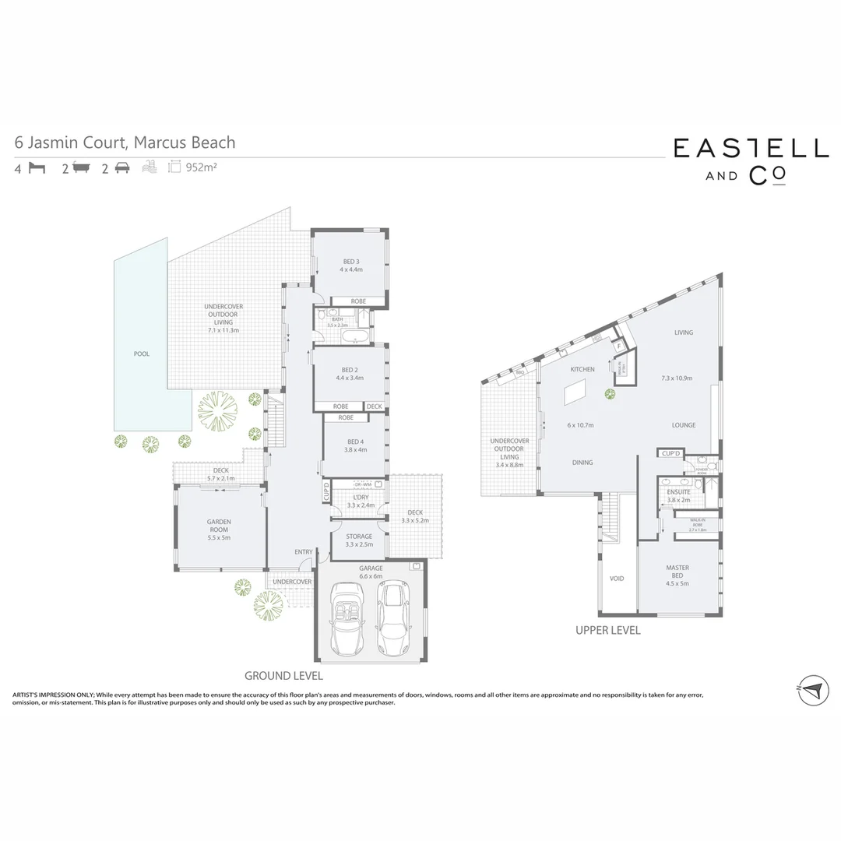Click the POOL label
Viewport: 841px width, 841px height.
[x=141, y=354]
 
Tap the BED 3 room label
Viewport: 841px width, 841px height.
[x=351, y=262]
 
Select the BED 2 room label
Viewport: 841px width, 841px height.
[x=350, y=371]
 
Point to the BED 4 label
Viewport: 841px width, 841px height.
[x=354, y=442]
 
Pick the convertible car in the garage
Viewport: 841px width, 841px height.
[x=345, y=619]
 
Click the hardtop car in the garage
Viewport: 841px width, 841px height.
[x=393, y=618]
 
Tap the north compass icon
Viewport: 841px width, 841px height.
[x=813, y=688]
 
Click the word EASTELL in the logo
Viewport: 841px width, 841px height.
[x=751, y=149]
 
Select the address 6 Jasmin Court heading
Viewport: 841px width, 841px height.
[x=125, y=143]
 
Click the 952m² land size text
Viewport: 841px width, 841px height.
[x=201, y=167]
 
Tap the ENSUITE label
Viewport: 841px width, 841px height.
[x=678, y=491]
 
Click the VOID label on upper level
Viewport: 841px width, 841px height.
[x=618, y=579]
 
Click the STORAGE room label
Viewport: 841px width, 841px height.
[x=359, y=537]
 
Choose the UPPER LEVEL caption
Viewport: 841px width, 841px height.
[x=607, y=631]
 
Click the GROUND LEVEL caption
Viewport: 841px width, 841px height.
[x=283, y=676]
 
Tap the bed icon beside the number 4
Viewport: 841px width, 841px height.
[x=37, y=167]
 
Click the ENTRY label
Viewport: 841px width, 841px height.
[x=304, y=552]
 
